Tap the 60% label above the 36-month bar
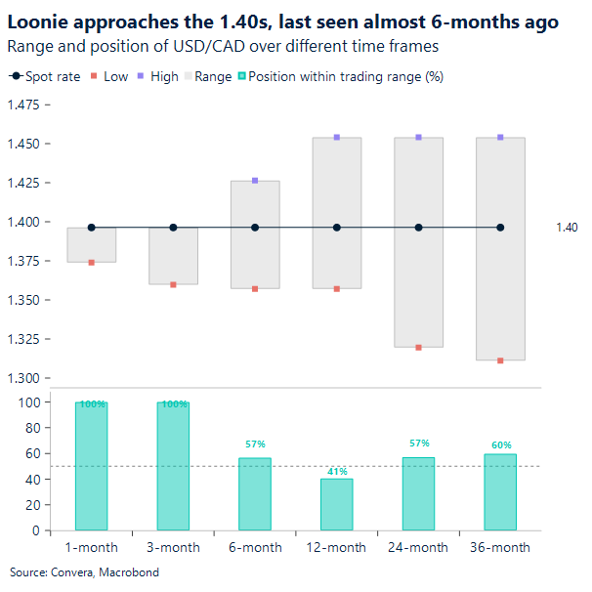pos(501,445)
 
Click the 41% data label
pos(337,471)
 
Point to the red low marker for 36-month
pos(500,360)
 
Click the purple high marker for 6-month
pos(255,181)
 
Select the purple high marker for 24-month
pos(419,138)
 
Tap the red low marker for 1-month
pos(92,263)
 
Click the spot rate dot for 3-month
pos(174,228)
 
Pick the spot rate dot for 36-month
pos(500,228)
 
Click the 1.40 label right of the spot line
pos(567,228)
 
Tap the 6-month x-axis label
pos(255,548)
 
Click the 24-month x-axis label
pos(419,548)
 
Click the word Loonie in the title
pos(37,21)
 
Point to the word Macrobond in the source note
pos(130,572)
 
